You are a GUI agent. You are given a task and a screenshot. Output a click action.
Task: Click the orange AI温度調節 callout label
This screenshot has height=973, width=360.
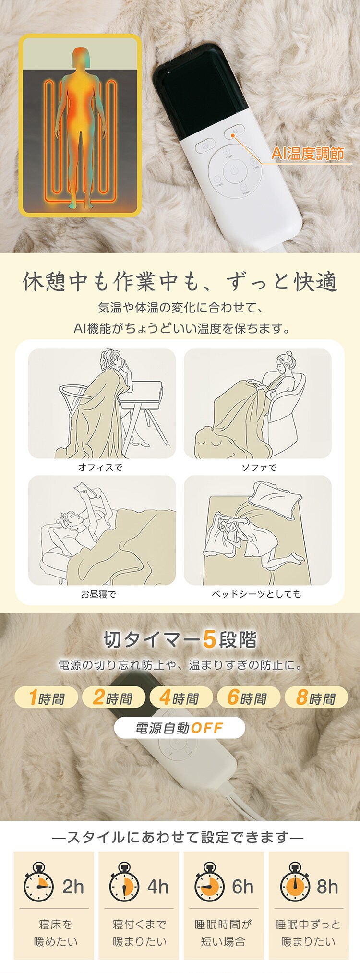click(x=308, y=154)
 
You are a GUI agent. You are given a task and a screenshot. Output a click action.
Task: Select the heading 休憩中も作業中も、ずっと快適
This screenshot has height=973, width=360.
click(x=180, y=282)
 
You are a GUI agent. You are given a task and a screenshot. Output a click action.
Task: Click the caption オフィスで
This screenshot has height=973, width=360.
click(x=100, y=467)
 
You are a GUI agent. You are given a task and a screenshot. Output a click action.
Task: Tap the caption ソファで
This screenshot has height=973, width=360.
click(x=259, y=467)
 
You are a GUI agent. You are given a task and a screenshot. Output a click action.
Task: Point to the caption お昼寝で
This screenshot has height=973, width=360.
click(x=98, y=594)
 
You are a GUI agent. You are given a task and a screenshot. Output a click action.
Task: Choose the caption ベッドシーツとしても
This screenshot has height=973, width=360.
click(x=257, y=594)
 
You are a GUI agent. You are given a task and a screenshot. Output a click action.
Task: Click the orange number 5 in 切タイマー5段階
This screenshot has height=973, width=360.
click(x=209, y=639)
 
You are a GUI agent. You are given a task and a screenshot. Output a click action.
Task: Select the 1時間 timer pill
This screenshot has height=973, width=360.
click(x=46, y=697)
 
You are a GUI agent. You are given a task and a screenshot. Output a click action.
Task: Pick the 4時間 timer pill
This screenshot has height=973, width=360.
click(x=179, y=697)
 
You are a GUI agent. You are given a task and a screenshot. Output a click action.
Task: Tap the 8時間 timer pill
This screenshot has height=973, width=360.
click(x=316, y=697)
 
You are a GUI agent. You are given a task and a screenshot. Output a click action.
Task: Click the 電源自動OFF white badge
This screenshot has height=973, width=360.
click(x=180, y=728)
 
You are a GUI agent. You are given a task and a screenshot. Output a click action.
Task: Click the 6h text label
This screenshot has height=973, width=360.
click(x=242, y=887)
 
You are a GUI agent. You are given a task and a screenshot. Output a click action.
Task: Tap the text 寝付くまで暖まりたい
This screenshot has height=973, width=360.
click(x=139, y=933)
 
